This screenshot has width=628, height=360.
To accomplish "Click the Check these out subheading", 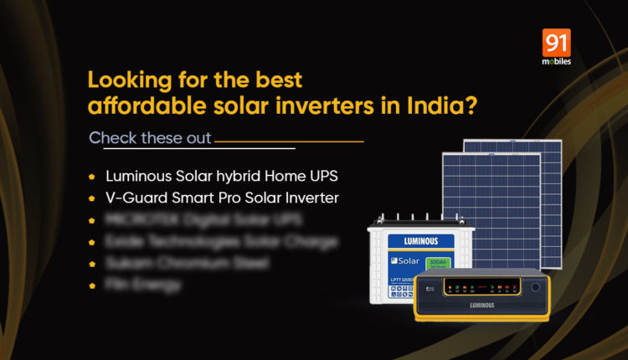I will (x=150, y=137).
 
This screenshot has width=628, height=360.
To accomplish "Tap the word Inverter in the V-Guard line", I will (x=290, y=199).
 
